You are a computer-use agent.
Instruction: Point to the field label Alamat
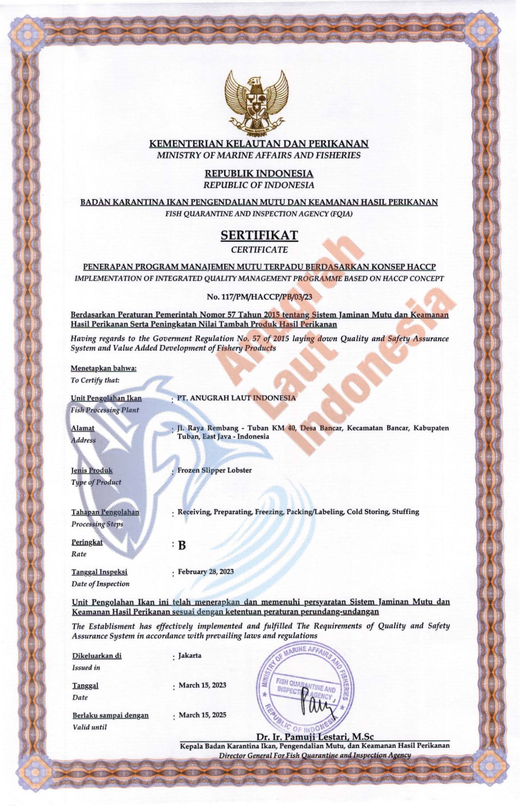(x=83, y=428)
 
